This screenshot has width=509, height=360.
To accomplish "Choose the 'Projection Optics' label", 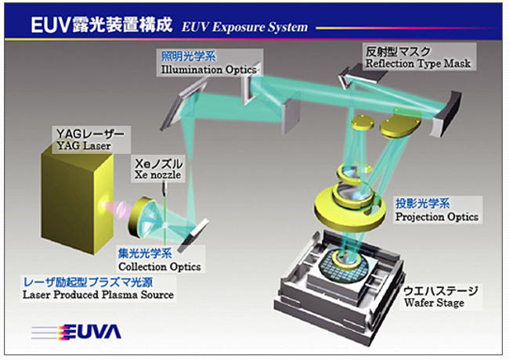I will click(x=436, y=217).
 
